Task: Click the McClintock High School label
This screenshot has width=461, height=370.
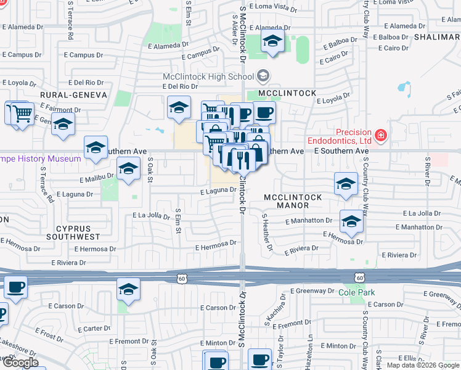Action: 208,76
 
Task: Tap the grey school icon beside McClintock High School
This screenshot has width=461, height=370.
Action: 263,76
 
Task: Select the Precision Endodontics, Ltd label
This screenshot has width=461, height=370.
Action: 354,137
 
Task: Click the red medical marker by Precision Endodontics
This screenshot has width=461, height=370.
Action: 381,134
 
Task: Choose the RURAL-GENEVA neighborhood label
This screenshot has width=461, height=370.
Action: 73,95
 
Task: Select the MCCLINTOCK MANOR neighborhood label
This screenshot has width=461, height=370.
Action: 293,201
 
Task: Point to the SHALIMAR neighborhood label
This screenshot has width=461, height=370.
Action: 438,37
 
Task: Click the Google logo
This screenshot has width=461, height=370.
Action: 20,363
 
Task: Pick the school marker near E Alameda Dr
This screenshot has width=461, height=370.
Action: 272,41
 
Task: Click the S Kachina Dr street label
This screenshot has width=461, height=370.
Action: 283,312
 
